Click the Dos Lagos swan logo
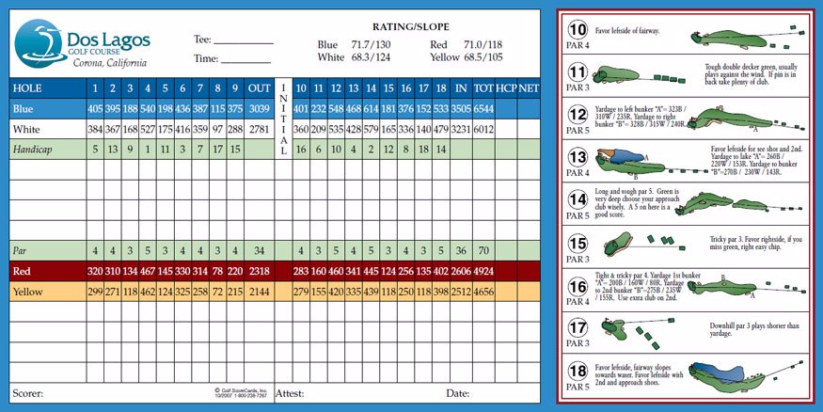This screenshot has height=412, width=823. pyautogui.click(x=36, y=42)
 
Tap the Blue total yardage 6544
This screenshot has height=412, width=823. pyautogui.click(x=483, y=107)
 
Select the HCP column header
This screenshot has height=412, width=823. pyautogui.click(x=506, y=87)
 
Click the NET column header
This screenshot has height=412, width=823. pyautogui.click(x=529, y=87)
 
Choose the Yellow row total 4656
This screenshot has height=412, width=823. pyautogui.click(x=483, y=292)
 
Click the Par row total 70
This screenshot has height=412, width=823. pyautogui.click(x=483, y=251)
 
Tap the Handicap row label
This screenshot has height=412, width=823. pyautogui.click(x=35, y=149)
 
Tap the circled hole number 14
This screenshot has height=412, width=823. pyautogui.click(x=578, y=198)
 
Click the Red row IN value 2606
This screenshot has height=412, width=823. pyautogui.click(x=461, y=271)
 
